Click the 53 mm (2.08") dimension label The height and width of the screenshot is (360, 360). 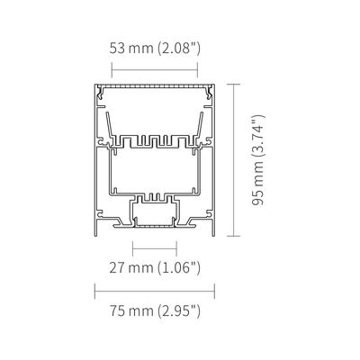[155, 49]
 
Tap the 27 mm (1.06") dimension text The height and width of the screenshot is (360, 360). [155, 267]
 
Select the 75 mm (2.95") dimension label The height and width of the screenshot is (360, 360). [155, 310]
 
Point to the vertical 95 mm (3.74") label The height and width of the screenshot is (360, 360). [258, 160]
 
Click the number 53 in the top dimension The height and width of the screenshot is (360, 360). [117, 49]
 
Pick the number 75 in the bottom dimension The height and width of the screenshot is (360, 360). [117, 310]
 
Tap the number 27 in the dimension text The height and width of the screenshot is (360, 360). [117, 267]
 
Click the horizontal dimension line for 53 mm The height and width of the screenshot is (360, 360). [155, 70]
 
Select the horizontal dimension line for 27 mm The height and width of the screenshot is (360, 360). [155, 248]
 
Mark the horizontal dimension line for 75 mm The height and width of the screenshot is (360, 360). [155, 291]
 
